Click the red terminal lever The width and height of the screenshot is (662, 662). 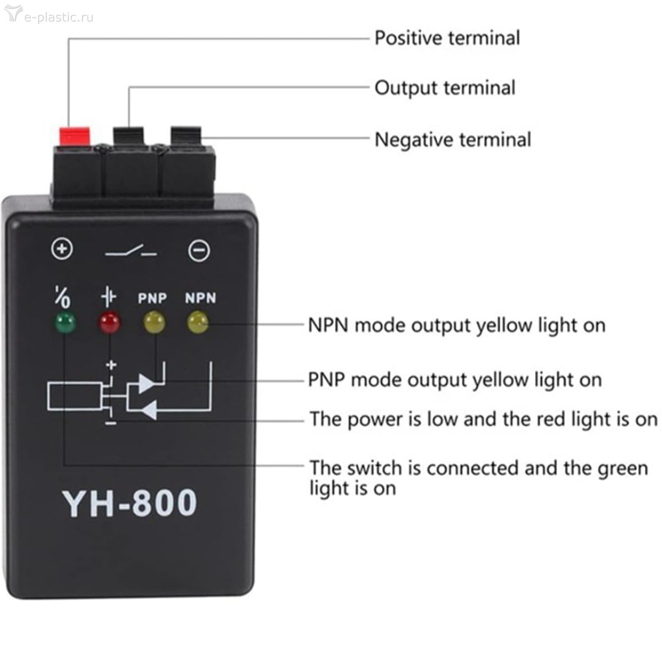click(74, 136)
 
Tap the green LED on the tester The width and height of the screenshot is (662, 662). click(65, 323)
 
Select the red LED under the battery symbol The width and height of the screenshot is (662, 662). click(109, 323)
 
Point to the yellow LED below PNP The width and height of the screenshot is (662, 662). click(154, 322)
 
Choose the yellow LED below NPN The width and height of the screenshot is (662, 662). click(198, 322)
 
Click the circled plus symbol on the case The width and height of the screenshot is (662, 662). click(62, 248)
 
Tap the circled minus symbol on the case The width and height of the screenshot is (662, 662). click(199, 251)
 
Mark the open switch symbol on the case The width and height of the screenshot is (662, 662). click(131, 251)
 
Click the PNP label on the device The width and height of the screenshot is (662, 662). click(152, 298)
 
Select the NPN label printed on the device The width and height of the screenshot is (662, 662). click(201, 298)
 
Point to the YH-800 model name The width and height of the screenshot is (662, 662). click(130, 503)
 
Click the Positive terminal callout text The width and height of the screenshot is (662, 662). click(447, 38)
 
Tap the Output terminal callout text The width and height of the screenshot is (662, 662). click(445, 88)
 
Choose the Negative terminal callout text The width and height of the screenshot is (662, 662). click(453, 139)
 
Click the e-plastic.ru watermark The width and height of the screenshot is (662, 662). click(49, 15)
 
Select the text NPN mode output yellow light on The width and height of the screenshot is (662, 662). click(457, 325)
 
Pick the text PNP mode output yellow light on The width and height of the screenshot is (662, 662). click(455, 380)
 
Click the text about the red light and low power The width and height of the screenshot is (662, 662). click(484, 419)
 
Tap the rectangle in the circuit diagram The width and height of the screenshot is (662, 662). click(75, 396)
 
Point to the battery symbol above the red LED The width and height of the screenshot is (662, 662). click(109, 297)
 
